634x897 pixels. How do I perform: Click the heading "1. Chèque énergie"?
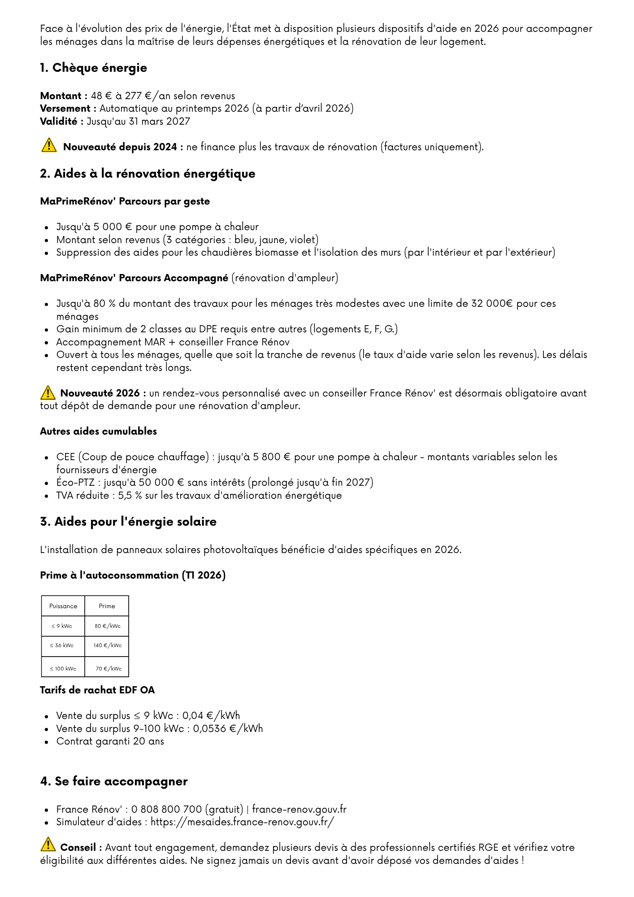[93, 68]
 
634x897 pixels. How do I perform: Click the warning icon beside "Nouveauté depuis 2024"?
[49, 145]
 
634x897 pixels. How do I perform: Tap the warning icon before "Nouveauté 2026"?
[48, 392]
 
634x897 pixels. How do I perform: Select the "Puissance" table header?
[63, 606]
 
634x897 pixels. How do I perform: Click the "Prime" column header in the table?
[107, 606]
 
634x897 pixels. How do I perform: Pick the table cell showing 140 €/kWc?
[107, 645]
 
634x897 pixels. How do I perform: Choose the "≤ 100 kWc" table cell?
[63, 669]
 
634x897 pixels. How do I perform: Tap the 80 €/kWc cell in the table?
[107, 626]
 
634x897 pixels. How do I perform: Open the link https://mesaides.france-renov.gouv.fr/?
[242, 822]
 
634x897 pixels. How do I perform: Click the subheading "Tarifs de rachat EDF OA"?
[97, 690]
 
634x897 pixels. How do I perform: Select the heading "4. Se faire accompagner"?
[114, 781]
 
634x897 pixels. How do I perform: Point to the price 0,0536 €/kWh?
[228, 728]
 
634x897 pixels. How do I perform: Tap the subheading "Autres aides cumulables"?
[98, 431]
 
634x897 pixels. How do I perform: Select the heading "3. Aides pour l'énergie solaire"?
[128, 522]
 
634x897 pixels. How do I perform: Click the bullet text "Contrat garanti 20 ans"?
[110, 741]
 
